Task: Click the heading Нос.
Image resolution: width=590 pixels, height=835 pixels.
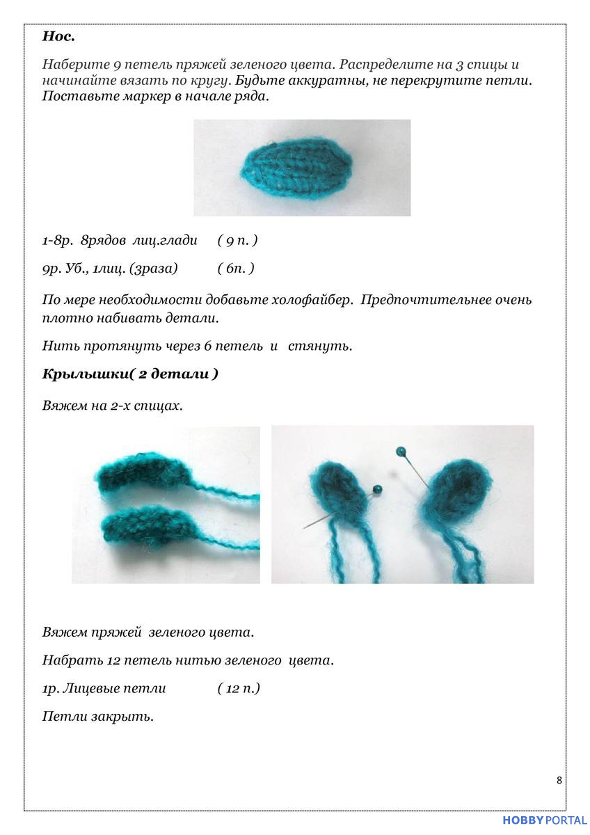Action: tap(58, 36)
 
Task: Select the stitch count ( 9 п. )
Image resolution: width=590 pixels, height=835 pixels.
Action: tap(237, 241)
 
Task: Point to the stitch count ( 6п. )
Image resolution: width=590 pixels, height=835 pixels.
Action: tap(235, 268)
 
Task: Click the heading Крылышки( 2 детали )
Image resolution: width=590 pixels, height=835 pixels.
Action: tap(130, 374)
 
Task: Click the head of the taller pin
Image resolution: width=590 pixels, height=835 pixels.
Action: tap(401, 452)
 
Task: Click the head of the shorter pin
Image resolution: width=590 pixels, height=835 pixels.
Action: tap(377, 488)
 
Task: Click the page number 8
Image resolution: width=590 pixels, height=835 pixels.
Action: tap(559, 780)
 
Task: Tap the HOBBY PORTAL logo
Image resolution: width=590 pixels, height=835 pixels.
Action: tap(544, 821)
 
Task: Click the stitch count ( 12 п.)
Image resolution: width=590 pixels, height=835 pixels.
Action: tap(239, 689)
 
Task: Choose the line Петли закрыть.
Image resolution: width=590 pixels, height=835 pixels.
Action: tap(97, 716)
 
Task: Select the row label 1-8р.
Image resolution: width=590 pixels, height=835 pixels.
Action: tap(57, 241)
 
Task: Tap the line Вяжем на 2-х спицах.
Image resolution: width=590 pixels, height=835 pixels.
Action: tap(112, 405)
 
